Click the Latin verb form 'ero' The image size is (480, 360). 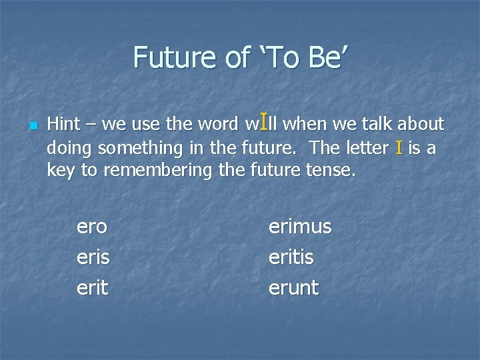pos(92,227)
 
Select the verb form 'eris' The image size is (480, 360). pos(93,257)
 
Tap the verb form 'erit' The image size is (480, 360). pos(91,287)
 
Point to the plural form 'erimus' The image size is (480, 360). pos(299,227)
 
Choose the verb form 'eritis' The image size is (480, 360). pos(291,257)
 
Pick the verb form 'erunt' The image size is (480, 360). pos(293,288)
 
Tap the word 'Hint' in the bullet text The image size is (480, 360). pos(63,124)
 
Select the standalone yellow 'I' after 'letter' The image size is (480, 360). pos(399,147)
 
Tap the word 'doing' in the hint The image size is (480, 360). pos(67,148)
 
